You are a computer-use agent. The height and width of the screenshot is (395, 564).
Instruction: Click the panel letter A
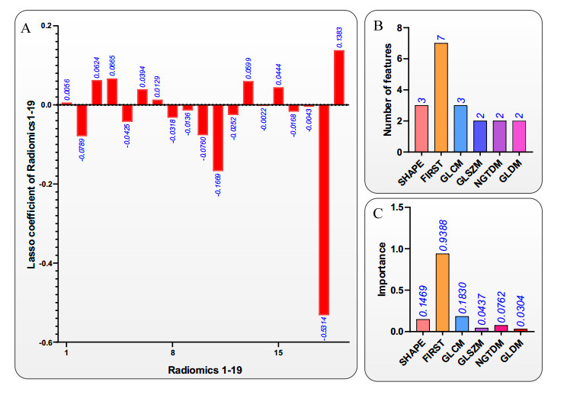[x=26, y=29]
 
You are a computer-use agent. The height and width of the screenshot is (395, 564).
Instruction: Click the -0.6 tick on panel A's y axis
[x=46, y=343]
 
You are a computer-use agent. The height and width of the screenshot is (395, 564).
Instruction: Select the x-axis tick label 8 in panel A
[x=173, y=354]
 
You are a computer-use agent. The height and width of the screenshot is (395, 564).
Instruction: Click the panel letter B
[x=378, y=26]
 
